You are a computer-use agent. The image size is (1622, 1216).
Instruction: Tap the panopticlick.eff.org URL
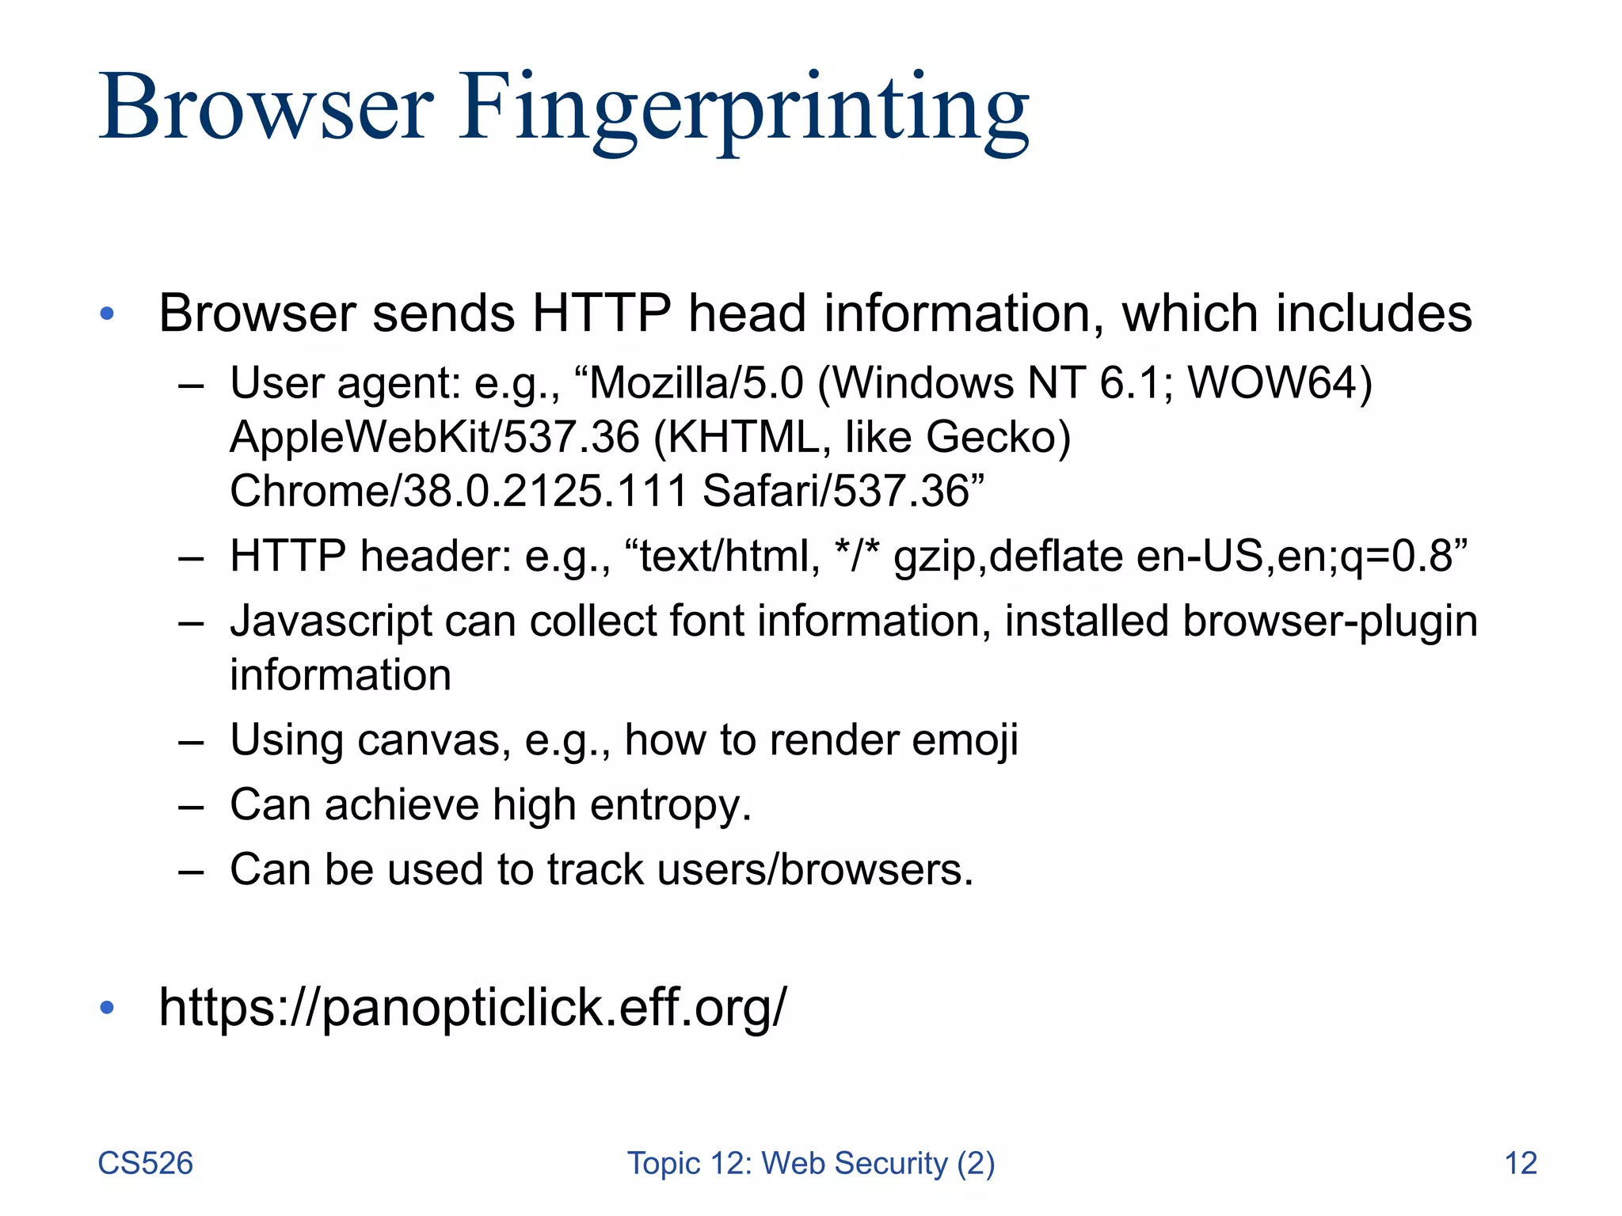[x=473, y=1007]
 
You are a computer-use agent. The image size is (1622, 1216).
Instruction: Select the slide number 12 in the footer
[x=1520, y=1163]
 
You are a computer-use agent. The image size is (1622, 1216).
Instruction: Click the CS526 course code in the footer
[x=145, y=1163]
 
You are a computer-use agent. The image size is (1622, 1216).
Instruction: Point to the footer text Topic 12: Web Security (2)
[x=811, y=1163]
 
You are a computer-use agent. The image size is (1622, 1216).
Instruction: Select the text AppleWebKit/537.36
[x=434, y=437]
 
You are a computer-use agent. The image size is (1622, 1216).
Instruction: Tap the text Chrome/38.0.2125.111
[x=459, y=491]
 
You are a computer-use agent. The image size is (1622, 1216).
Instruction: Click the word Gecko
[x=996, y=437]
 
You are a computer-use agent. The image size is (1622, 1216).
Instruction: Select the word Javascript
[x=330, y=621]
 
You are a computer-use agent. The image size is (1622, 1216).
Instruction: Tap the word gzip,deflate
[x=1008, y=557]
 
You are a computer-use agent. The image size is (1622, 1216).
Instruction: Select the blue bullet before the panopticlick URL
[x=108, y=1008]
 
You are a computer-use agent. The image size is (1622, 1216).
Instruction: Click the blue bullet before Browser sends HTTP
[x=108, y=314]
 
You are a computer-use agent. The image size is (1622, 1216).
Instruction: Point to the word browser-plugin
[x=1330, y=621]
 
